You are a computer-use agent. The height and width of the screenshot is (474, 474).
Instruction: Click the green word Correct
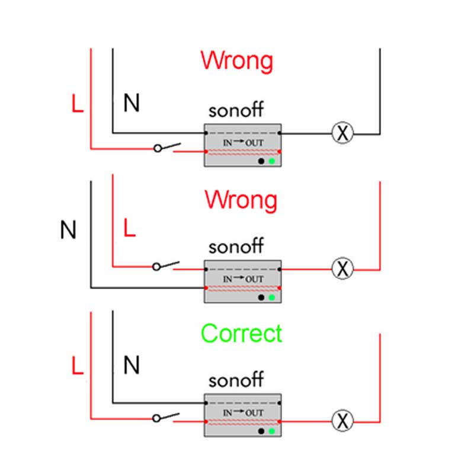pos(242,334)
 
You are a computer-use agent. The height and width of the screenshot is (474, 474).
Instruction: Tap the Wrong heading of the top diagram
pos(237,61)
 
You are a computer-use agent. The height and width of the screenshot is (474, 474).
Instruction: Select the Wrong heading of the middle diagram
pos(241,200)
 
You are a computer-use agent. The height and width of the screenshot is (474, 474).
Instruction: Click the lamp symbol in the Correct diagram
pos(341,421)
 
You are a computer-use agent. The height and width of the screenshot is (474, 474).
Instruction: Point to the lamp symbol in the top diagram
pos(341,134)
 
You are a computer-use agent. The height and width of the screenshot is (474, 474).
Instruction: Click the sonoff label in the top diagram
pos(236,111)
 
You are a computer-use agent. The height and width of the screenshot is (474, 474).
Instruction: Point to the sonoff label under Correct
pos(236,379)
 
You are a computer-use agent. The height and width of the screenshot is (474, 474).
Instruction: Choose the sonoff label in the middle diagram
pos(236,246)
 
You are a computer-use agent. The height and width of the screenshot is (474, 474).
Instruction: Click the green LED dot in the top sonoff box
pos(272,161)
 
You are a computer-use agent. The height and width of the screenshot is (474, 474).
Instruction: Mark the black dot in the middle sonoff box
pos(261,297)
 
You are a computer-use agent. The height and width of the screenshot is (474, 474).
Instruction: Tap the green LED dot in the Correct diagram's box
pos(272,431)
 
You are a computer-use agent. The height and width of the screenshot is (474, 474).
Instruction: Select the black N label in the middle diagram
pos(69,230)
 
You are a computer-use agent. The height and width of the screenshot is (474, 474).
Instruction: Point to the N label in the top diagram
pos(132,103)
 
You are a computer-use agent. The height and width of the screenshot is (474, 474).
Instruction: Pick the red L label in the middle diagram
pos(129,228)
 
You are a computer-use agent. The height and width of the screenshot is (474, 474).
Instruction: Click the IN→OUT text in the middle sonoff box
pos(243,278)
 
